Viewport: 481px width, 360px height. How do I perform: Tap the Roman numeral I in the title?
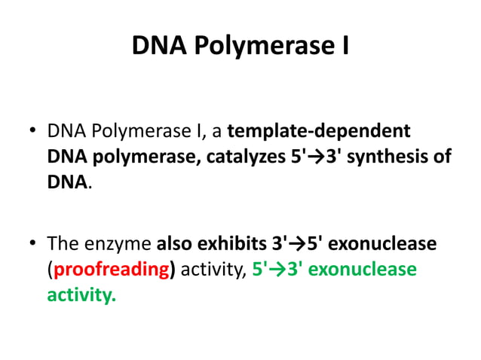click(x=344, y=47)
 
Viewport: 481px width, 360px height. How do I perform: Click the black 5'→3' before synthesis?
click(x=312, y=157)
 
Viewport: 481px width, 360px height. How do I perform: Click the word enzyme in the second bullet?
click(x=118, y=246)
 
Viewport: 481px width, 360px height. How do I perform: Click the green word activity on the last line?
click(x=81, y=295)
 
